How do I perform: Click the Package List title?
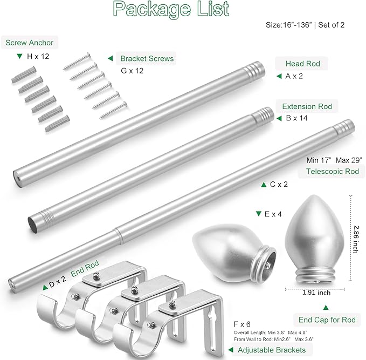click(171, 9)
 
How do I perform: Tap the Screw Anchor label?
click(30, 43)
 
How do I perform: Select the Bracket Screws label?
click(147, 58)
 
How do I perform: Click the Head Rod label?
click(303, 64)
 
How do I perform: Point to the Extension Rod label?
click(307, 106)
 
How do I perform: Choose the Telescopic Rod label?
click(333, 171)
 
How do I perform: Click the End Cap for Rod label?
click(327, 320)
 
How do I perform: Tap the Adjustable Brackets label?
click(272, 350)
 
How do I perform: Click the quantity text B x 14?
click(296, 118)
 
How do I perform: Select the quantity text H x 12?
click(38, 56)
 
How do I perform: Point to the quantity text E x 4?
click(273, 214)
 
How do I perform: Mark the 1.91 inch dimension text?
click(316, 293)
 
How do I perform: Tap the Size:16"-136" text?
click(289, 25)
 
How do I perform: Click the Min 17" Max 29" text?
click(334, 160)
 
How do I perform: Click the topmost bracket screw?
click(77, 61)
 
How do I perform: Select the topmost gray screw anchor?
click(24, 74)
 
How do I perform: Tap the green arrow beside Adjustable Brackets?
click(231, 350)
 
